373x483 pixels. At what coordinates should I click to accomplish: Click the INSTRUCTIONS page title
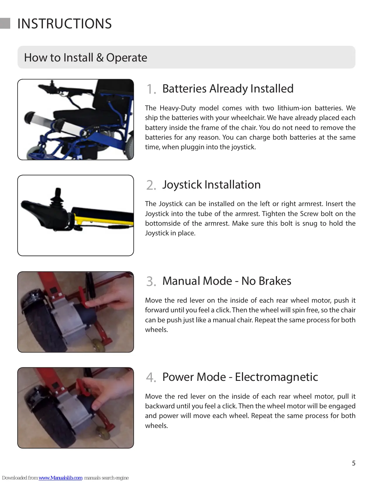tap(64, 23)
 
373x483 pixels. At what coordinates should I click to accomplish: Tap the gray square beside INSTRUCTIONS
tap(5, 23)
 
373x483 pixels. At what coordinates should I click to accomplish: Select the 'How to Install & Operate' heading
tap(85, 58)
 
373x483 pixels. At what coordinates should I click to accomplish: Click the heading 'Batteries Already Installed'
tap(228, 89)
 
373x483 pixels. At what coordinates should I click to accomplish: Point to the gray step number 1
tap(151, 89)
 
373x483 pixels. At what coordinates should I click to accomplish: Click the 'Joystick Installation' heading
tap(211, 185)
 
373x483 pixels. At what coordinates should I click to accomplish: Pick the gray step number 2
tap(151, 185)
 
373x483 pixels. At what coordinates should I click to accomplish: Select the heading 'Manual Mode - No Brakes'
tap(227, 281)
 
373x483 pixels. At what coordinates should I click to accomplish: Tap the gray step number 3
tap(151, 282)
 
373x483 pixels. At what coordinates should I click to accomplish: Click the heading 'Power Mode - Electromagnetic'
tap(240, 377)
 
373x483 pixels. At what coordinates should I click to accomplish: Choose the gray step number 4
tap(151, 378)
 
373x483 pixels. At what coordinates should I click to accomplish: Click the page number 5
tap(354, 463)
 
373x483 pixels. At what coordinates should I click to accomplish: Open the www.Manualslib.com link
tap(61, 478)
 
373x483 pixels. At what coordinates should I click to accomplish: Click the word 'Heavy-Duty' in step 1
tap(178, 108)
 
